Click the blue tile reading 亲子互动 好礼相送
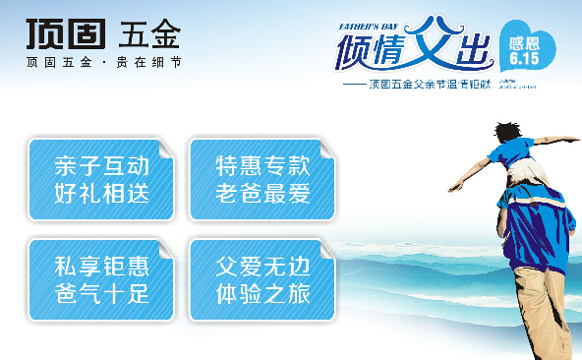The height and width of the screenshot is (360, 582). pos(100,178)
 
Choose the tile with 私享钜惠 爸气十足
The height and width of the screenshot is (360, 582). pos(100,279)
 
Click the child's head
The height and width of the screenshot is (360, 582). pos(507,132)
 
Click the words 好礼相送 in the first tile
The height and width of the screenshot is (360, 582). pos(100,193)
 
